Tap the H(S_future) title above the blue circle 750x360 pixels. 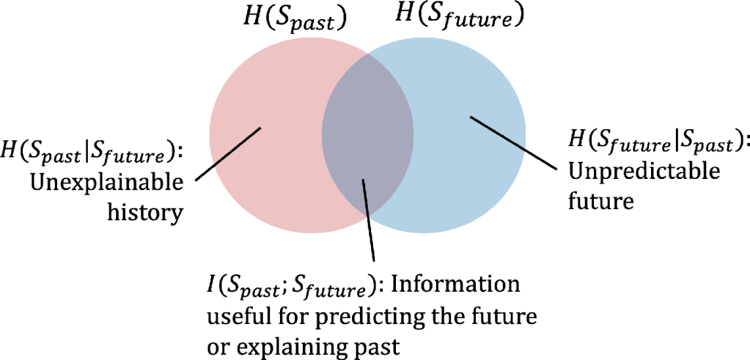click(x=457, y=18)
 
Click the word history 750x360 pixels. click(x=146, y=211)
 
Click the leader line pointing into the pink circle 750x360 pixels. click(x=228, y=154)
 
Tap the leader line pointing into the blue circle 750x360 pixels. click(x=514, y=142)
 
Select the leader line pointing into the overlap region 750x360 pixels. click(x=369, y=220)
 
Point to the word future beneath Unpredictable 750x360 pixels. click(x=601, y=200)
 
